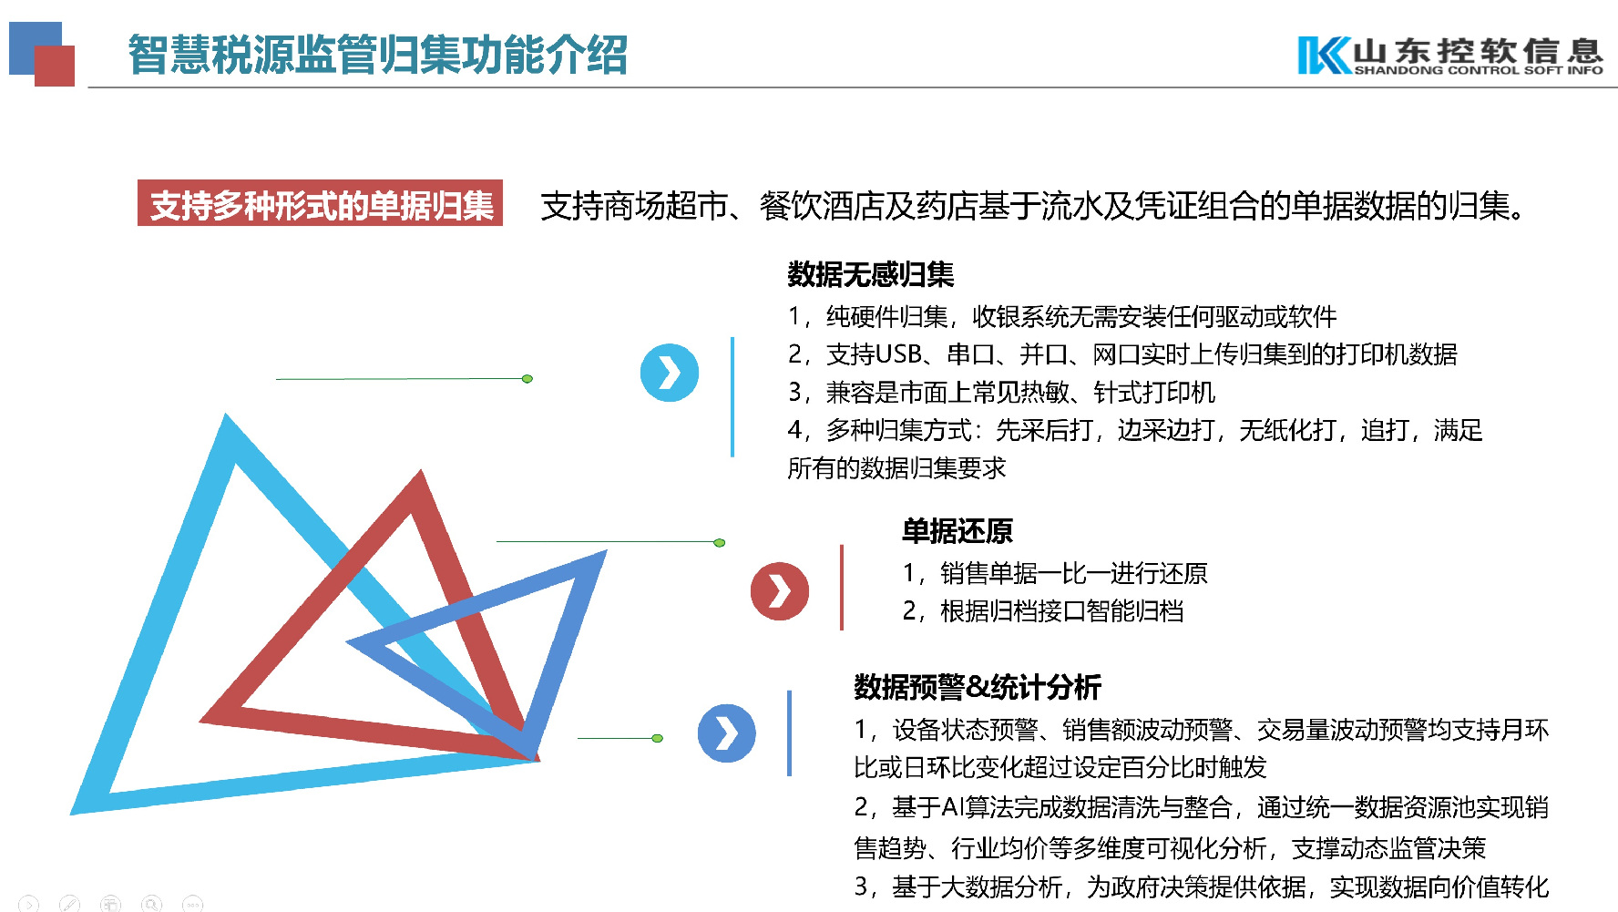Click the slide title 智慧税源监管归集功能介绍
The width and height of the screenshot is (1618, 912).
pyautogui.click(x=377, y=54)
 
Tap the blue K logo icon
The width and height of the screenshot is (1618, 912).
pyautogui.click(x=1323, y=55)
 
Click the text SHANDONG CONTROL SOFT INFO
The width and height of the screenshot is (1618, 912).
pyautogui.click(x=1478, y=70)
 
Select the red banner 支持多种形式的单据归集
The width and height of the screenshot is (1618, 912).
pyautogui.click(x=320, y=204)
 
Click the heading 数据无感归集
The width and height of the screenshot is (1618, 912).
pyautogui.click(x=870, y=274)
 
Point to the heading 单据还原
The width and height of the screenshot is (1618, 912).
pyautogui.click(x=957, y=531)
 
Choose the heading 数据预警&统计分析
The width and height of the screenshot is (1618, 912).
pyautogui.click(x=977, y=687)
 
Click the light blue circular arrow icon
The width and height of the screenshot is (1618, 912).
pyautogui.click(x=670, y=373)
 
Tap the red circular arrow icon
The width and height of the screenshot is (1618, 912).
pyautogui.click(x=779, y=591)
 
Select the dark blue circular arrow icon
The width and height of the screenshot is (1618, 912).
pyautogui.click(x=726, y=733)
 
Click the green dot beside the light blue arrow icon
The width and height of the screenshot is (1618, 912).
pyautogui.click(x=527, y=379)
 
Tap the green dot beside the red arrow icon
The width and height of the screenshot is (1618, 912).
pyautogui.click(x=720, y=543)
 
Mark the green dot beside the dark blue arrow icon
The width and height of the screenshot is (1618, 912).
pyautogui.click(x=658, y=738)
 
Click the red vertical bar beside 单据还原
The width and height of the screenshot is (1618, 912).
pyautogui.click(x=841, y=588)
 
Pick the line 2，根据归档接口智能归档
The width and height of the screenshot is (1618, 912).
pyautogui.click(x=1042, y=611)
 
